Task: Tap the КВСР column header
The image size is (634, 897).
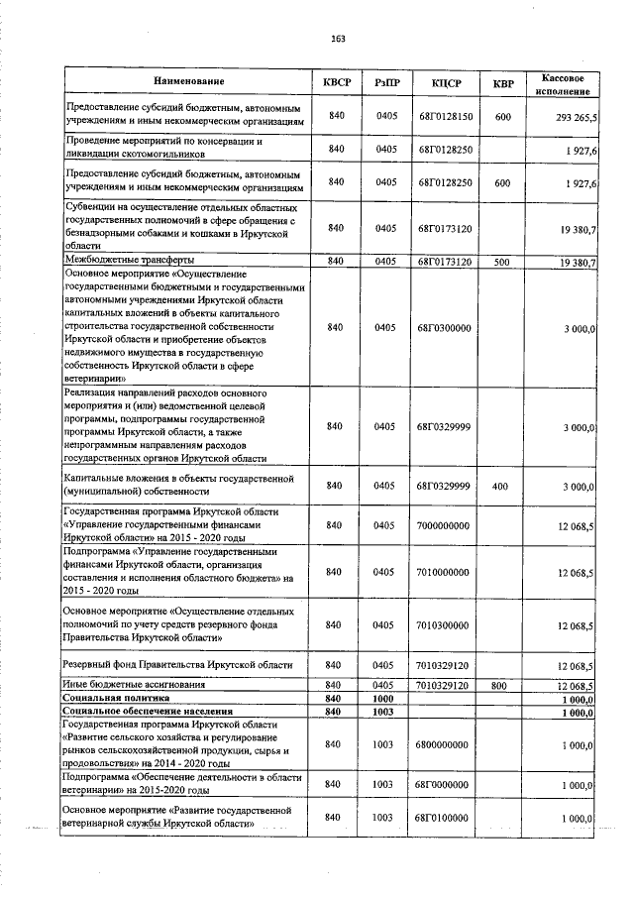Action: (336, 80)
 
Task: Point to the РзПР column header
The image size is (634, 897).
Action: (386, 80)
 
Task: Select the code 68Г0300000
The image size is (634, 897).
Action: (444, 328)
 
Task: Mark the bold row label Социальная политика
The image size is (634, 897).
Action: (116, 698)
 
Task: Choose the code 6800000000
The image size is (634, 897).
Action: (444, 743)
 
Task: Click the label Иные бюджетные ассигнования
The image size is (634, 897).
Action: (135, 685)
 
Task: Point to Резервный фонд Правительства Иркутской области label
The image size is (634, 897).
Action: (178, 664)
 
